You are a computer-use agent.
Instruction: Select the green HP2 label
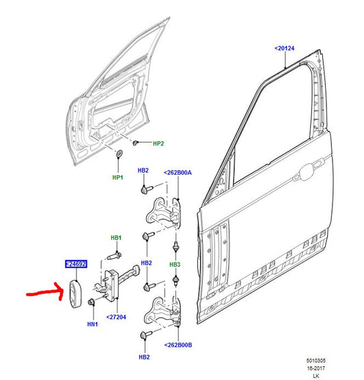click(158, 144)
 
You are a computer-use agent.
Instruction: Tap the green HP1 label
click(117, 177)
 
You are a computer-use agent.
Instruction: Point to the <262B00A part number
click(178, 173)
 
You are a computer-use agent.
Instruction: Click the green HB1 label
click(116, 237)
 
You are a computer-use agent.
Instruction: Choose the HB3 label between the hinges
click(176, 264)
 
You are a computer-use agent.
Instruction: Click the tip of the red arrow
click(65, 292)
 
